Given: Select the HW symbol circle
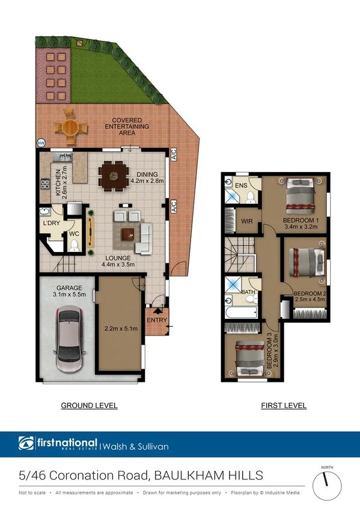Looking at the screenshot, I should pyautogui.click(x=41, y=143).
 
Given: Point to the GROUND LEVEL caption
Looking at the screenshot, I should pyautogui.click(x=89, y=406).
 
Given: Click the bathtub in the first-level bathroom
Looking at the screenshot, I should pyautogui.click(x=241, y=312).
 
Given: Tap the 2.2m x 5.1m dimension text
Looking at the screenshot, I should pyautogui.click(x=121, y=328).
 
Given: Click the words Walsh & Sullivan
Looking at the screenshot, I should pyautogui.click(x=136, y=446).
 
